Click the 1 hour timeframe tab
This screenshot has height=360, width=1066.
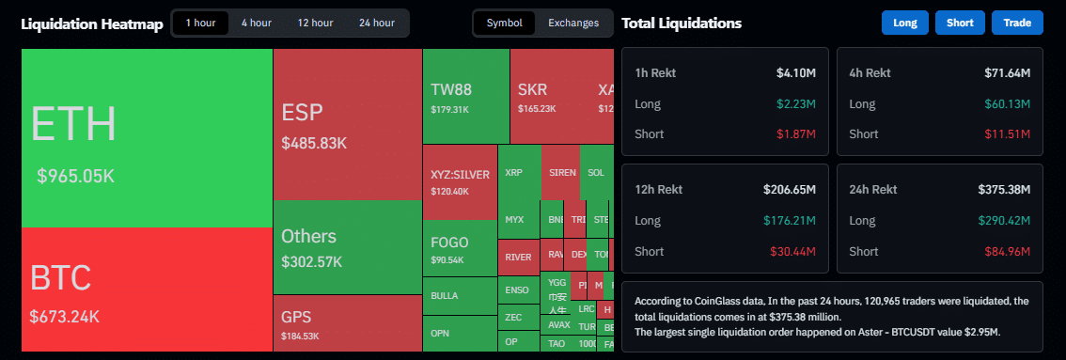(x=200, y=23)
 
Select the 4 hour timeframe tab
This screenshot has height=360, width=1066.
(x=257, y=23)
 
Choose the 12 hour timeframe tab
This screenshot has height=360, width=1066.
(x=315, y=23)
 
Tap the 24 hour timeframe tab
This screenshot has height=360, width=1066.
(x=377, y=23)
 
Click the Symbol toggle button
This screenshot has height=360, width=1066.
(x=504, y=23)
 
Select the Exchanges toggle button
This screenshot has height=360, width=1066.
(x=573, y=23)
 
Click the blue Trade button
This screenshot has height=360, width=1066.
(x=1017, y=23)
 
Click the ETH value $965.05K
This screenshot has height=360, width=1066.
(x=75, y=176)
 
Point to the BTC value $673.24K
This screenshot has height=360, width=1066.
(x=64, y=317)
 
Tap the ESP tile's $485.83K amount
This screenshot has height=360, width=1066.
(x=314, y=144)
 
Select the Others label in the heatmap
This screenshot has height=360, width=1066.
(x=308, y=236)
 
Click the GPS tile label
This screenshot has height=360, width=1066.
(x=296, y=317)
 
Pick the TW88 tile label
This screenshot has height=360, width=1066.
(x=450, y=91)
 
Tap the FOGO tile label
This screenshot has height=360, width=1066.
(x=449, y=242)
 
